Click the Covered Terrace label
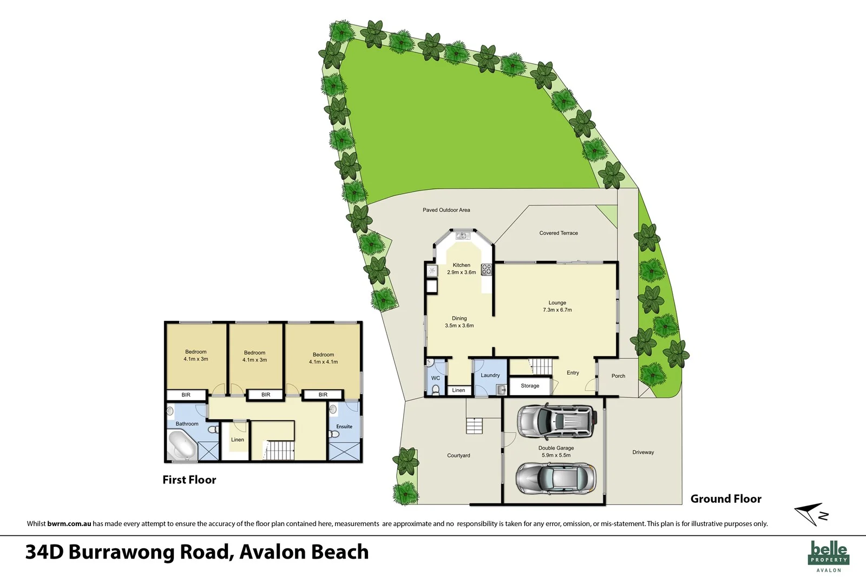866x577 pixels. click(x=558, y=233)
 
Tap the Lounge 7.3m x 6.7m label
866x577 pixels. click(x=557, y=306)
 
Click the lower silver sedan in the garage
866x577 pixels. click(x=555, y=477)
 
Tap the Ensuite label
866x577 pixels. click(x=344, y=427)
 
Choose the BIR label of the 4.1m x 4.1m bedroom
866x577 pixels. click(x=323, y=395)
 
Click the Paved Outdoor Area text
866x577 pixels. click(x=446, y=210)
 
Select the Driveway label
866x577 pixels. click(x=643, y=453)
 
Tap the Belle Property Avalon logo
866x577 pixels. click(x=829, y=556)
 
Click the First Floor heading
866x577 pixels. click(x=189, y=480)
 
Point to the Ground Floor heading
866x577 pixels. click(x=726, y=499)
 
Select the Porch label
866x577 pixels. click(x=618, y=376)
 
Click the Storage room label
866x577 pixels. click(x=530, y=386)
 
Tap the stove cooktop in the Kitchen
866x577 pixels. click(x=487, y=269)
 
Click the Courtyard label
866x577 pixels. click(x=458, y=456)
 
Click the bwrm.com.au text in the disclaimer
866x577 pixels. click(x=69, y=524)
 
